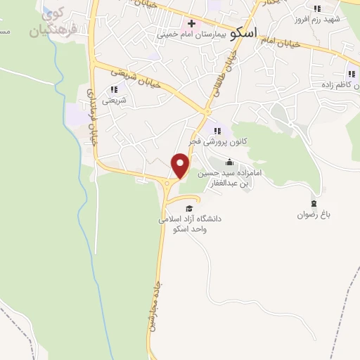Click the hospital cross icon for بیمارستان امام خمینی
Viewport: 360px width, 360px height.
pyautogui.click(x=191, y=23)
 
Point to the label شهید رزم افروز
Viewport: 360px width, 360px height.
pyautogui.click(x=320, y=18)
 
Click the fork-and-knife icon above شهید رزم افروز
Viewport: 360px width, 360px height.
pyautogui.click(x=316, y=8)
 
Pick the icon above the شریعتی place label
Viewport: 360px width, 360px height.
pyautogui.click(x=113, y=89)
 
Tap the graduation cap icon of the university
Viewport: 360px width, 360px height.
pyautogui.click(x=188, y=207)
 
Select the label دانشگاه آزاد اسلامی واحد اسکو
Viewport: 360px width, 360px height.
pyautogui.click(x=190, y=224)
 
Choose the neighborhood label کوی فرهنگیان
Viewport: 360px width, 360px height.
pyautogui.click(x=49, y=22)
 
